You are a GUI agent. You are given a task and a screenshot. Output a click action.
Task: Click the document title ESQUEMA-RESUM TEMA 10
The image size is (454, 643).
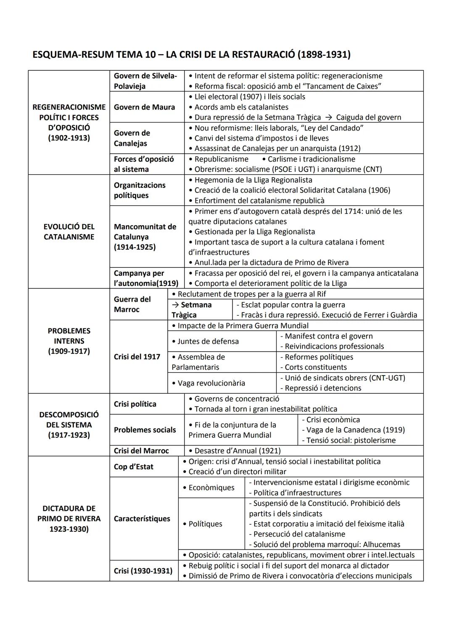(191, 54)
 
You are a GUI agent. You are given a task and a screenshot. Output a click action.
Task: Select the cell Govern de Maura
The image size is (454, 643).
(144, 107)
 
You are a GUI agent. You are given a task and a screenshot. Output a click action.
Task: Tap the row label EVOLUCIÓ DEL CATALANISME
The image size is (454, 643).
(69, 232)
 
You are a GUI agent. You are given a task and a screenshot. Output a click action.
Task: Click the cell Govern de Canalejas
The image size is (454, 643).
(132, 138)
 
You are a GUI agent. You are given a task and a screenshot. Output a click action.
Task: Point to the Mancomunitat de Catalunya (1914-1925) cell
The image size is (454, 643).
(145, 237)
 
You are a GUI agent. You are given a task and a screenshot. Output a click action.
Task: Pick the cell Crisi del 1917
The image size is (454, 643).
(137, 357)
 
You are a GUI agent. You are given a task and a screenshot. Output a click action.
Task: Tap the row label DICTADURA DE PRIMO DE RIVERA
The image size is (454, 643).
(69, 518)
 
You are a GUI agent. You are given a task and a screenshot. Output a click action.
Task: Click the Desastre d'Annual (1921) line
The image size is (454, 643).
(238, 451)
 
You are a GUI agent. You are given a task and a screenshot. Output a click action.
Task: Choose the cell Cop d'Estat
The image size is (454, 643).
(134, 467)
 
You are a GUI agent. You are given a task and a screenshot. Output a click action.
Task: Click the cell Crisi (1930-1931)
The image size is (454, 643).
(143, 571)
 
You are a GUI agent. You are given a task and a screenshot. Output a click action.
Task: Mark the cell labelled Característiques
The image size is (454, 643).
(142, 518)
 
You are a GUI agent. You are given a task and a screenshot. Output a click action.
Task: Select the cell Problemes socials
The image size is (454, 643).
(145, 430)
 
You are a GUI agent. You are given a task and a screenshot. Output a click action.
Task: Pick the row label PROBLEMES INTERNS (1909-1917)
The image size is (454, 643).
(69, 341)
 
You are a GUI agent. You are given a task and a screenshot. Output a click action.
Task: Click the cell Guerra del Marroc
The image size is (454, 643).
(132, 304)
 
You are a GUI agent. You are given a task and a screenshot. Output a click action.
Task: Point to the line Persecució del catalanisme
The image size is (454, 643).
(299, 534)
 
